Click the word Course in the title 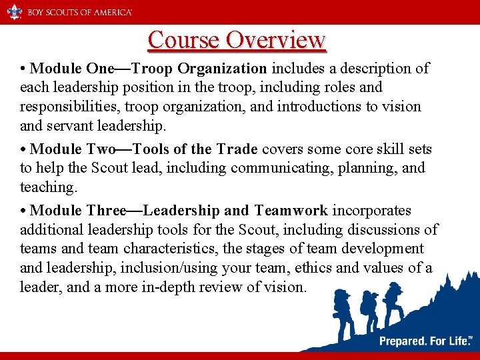point(184,40)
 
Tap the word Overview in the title point(275,40)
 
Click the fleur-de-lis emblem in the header point(14,11)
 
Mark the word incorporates point(371,211)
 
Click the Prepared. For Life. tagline point(424,341)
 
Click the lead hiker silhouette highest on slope point(393,296)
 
